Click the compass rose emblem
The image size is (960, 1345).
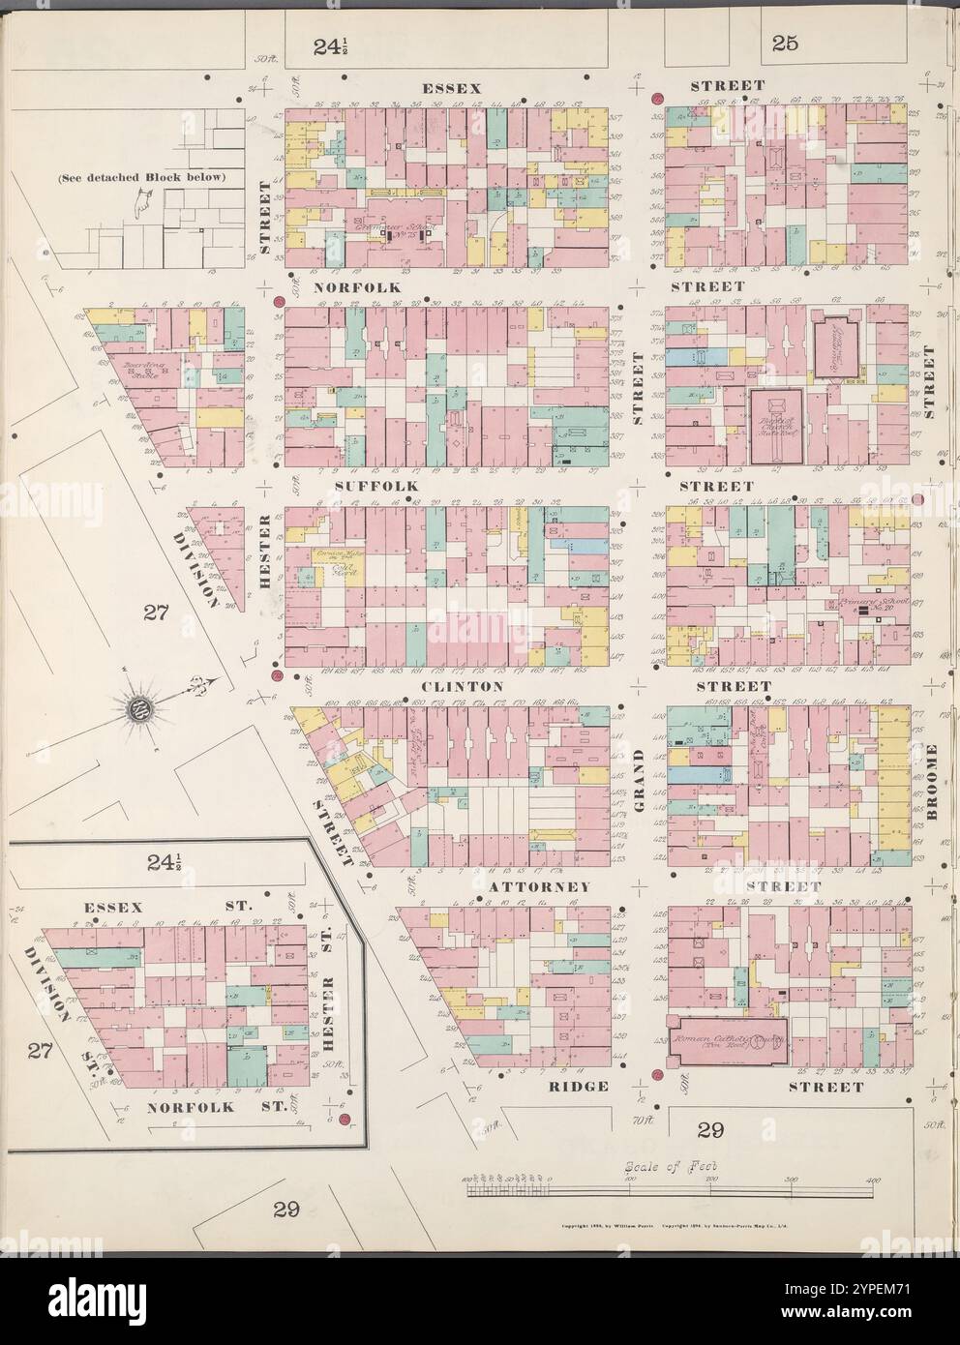[x=138, y=714]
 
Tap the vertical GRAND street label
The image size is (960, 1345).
[x=639, y=782]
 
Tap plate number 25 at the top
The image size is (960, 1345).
[x=784, y=42]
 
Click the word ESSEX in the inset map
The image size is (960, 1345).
[x=113, y=907]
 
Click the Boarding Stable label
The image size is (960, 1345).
[x=142, y=370]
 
